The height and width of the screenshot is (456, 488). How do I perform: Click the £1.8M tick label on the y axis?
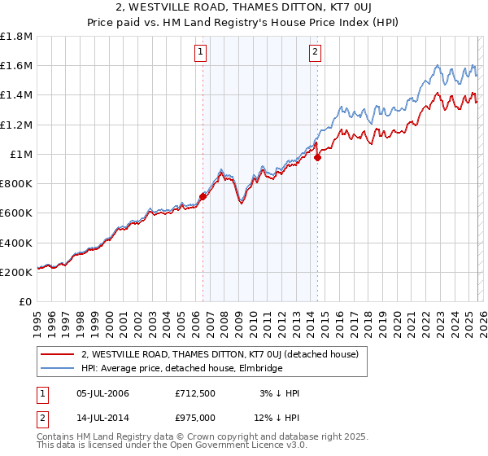pyautogui.click(x=17, y=37)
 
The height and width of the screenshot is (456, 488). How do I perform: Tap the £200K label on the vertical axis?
pyautogui.click(x=16, y=272)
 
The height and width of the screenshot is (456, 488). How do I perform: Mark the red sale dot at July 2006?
pyautogui.click(x=203, y=196)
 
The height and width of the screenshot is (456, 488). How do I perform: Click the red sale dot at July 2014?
pyautogui.click(x=317, y=158)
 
